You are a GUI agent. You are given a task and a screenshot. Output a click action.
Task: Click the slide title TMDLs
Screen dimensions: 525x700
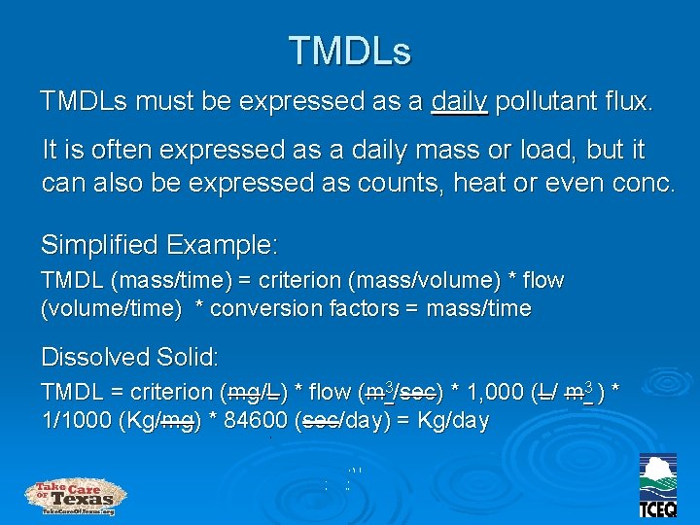tap(350, 50)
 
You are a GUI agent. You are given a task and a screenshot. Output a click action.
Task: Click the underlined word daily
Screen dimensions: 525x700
tap(459, 101)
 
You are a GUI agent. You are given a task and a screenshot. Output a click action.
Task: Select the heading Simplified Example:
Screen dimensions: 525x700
tap(159, 242)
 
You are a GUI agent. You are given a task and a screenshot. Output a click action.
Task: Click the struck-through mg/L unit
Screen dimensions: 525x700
tap(253, 393)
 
